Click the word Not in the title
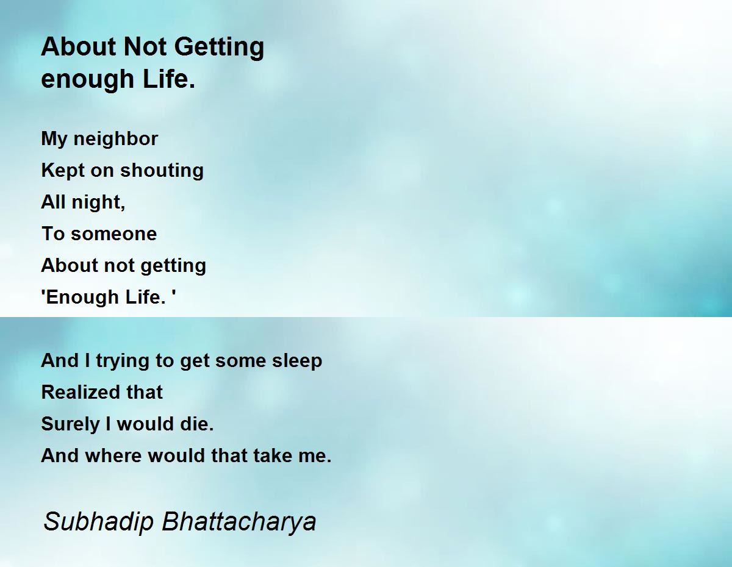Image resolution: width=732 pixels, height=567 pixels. tap(145, 46)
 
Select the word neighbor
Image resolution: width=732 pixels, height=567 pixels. tap(115, 140)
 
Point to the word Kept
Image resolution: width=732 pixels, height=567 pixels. tap(63, 171)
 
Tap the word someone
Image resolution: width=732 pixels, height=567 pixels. tap(114, 234)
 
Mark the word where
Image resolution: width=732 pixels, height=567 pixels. tap(113, 455)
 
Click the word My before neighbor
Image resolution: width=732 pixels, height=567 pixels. tap(54, 140)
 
